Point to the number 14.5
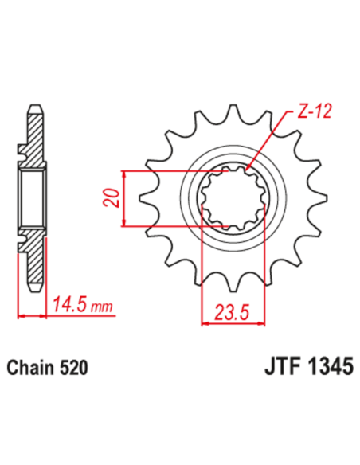[x=68, y=304]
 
